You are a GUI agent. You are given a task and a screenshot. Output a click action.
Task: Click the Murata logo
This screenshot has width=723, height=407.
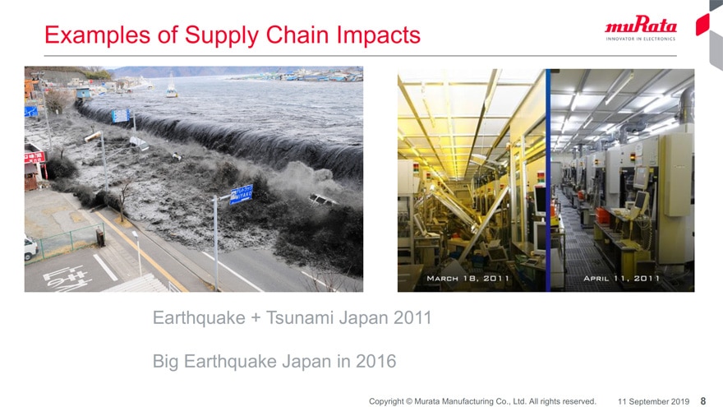[641, 28]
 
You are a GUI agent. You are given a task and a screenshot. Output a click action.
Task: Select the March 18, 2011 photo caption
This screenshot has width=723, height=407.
[467, 278]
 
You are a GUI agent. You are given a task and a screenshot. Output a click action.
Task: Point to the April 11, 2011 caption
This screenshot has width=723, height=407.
[621, 278]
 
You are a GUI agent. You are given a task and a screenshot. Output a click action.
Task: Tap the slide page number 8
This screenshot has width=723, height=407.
[703, 401]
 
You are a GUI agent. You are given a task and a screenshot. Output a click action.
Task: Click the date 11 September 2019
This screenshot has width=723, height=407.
[653, 401]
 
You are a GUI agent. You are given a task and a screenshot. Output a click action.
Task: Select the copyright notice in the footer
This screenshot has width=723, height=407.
[482, 401]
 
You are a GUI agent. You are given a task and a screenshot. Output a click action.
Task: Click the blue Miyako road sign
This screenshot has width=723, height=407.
[242, 194]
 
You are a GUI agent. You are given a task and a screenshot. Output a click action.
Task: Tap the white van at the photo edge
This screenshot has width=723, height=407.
[30, 247]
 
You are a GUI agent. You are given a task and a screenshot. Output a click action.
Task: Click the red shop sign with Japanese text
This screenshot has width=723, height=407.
[35, 157]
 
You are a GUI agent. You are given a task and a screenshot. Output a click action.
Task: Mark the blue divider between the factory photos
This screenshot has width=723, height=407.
[548, 180]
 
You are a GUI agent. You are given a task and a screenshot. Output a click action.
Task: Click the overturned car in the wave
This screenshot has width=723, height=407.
[323, 200]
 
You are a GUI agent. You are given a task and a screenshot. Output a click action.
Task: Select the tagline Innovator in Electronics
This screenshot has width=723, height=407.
[641, 39]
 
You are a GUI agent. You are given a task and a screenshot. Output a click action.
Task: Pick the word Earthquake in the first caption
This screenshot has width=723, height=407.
[199, 317]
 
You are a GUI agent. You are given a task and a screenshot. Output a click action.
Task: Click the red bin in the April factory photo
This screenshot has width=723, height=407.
[603, 215]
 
